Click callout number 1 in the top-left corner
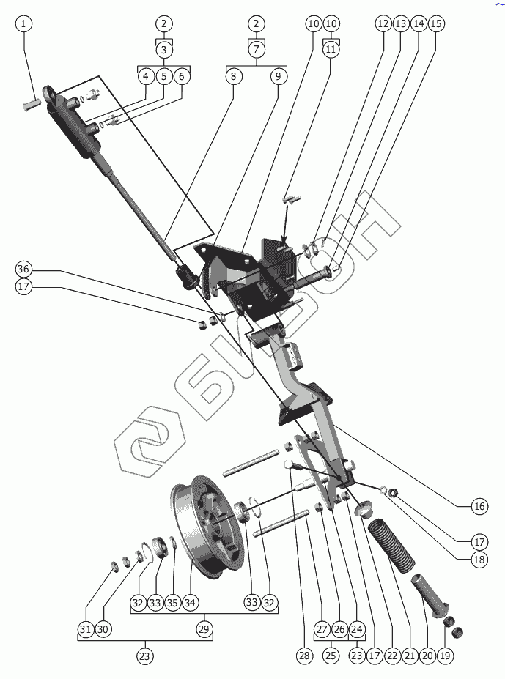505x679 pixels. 23,23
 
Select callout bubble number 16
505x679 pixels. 479,506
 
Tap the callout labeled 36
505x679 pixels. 23,269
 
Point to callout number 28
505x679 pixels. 304,656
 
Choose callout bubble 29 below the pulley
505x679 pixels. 204,628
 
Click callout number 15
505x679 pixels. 436,23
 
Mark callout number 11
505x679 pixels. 331,49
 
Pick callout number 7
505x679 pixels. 257,49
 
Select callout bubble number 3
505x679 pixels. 164,50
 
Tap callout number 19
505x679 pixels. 445,656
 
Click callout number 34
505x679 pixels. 190,602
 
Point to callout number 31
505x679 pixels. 86,628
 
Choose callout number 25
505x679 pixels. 331,656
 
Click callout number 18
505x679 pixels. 479,560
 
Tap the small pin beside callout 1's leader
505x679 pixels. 30,104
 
